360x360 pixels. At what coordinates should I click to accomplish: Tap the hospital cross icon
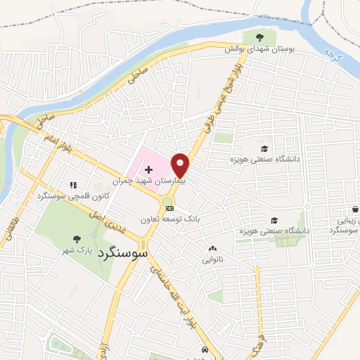149,169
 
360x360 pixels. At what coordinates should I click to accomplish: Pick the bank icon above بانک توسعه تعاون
169,208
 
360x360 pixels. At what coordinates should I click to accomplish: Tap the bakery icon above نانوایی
212,249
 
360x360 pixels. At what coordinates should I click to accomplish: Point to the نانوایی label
212,259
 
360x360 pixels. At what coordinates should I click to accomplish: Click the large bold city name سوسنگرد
123,251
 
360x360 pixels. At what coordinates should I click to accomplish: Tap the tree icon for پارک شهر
77,240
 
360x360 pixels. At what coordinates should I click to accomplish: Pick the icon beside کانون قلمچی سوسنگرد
72,185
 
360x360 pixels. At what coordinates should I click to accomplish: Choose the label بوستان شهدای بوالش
259,49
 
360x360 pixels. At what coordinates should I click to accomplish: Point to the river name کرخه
333,54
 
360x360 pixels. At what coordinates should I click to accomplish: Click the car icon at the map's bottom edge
204,349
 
